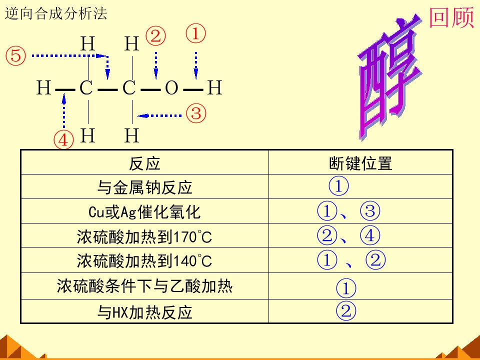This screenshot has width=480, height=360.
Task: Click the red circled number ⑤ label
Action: click(x=15, y=55)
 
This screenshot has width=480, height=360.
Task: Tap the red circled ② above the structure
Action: click(x=155, y=36)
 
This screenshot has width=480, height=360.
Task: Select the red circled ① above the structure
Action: click(x=196, y=33)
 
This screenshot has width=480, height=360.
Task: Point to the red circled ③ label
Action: click(x=196, y=113)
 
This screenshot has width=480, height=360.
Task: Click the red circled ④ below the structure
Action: click(x=63, y=140)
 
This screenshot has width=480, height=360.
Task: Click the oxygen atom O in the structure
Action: click(x=171, y=88)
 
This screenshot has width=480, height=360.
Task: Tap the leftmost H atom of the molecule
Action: click(x=43, y=87)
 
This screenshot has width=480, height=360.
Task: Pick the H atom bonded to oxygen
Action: click(x=214, y=87)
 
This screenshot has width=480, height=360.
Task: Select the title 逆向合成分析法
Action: click(x=56, y=14)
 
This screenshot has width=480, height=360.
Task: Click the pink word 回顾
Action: click(x=451, y=18)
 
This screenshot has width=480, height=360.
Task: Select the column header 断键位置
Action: click(x=360, y=163)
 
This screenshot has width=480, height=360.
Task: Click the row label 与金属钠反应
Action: click(x=144, y=187)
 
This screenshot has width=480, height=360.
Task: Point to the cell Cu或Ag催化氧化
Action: click(x=144, y=212)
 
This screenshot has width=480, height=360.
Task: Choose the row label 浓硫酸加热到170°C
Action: click(x=144, y=236)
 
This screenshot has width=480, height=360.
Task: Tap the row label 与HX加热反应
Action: click(x=144, y=312)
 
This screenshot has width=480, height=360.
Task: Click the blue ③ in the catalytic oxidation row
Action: click(x=370, y=211)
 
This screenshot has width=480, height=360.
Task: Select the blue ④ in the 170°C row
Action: click(x=370, y=235)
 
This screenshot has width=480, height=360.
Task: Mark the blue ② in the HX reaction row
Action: click(x=346, y=310)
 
